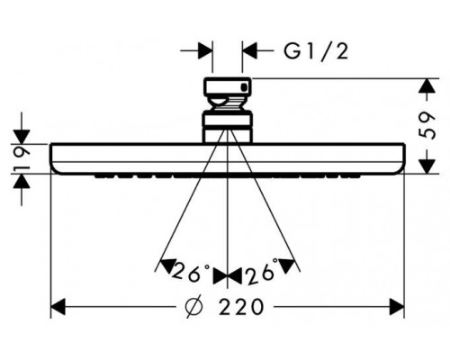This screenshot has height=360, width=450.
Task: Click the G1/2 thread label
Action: pos(316,51)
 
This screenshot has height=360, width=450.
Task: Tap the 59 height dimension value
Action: pos(427,125)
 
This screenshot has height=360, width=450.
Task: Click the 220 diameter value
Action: pos(241,307)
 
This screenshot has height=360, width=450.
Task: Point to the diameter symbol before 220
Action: pos(193,307)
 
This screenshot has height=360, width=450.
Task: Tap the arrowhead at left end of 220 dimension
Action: pos(58,307)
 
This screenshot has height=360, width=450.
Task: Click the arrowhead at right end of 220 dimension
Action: pos(397,307)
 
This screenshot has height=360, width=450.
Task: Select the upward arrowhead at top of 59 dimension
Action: pos(427,86)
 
